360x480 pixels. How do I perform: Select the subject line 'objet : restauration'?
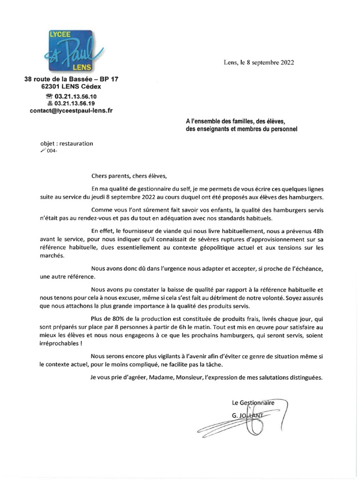tap(67, 143)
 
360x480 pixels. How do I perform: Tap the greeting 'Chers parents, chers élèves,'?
tap(129, 176)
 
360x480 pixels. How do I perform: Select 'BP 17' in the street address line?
tap(108, 80)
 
